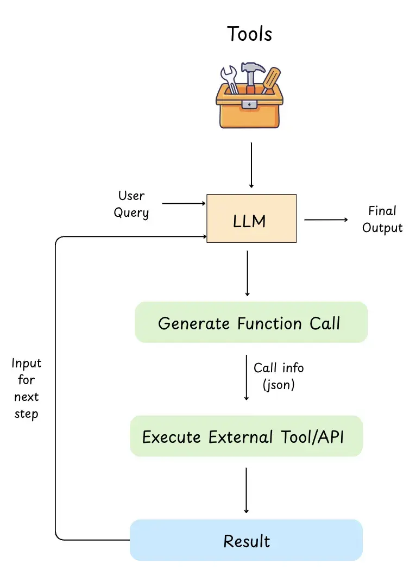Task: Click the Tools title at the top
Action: tap(249, 34)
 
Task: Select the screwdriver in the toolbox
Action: tap(271, 78)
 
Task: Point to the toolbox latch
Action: tap(249, 104)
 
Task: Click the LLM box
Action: tap(251, 218)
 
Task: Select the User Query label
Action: tap(131, 204)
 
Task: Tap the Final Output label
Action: tap(382, 219)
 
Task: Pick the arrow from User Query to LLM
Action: tap(184, 204)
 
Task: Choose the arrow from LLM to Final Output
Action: tap(326, 220)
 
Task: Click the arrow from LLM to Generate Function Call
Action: tap(248, 273)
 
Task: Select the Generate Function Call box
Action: tap(251, 323)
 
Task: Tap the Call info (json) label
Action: tap(278, 376)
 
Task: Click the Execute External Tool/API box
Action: tap(246, 436)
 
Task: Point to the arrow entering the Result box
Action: tap(247, 489)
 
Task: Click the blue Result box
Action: tap(246, 541)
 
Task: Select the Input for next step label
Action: tap(27, 389)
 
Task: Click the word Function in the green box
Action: tap(269, 323)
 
